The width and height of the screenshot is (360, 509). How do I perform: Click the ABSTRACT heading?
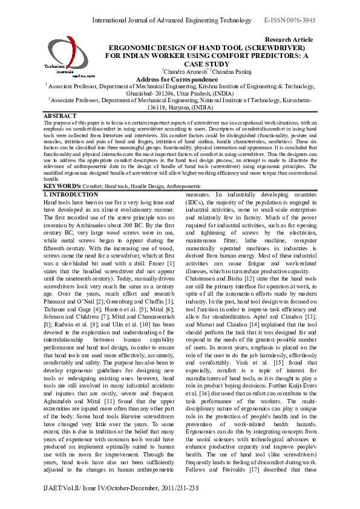(x=60, y=115)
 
